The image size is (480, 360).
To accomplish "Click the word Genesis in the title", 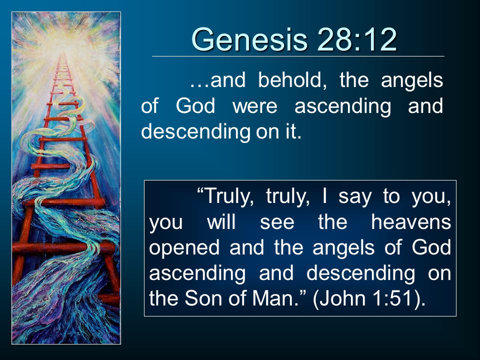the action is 249,40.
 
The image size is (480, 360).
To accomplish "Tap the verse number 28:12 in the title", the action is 357,40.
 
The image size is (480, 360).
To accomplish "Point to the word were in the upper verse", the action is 255,106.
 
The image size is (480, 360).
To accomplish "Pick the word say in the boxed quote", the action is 354,197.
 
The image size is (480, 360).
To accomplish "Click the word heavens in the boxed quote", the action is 411,222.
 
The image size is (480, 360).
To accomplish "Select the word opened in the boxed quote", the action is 184,248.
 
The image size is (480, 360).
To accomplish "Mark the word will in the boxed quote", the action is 221,222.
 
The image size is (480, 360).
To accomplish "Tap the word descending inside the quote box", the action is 360,274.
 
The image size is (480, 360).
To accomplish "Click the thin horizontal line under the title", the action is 298,56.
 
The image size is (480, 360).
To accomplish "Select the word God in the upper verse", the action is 195,106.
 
